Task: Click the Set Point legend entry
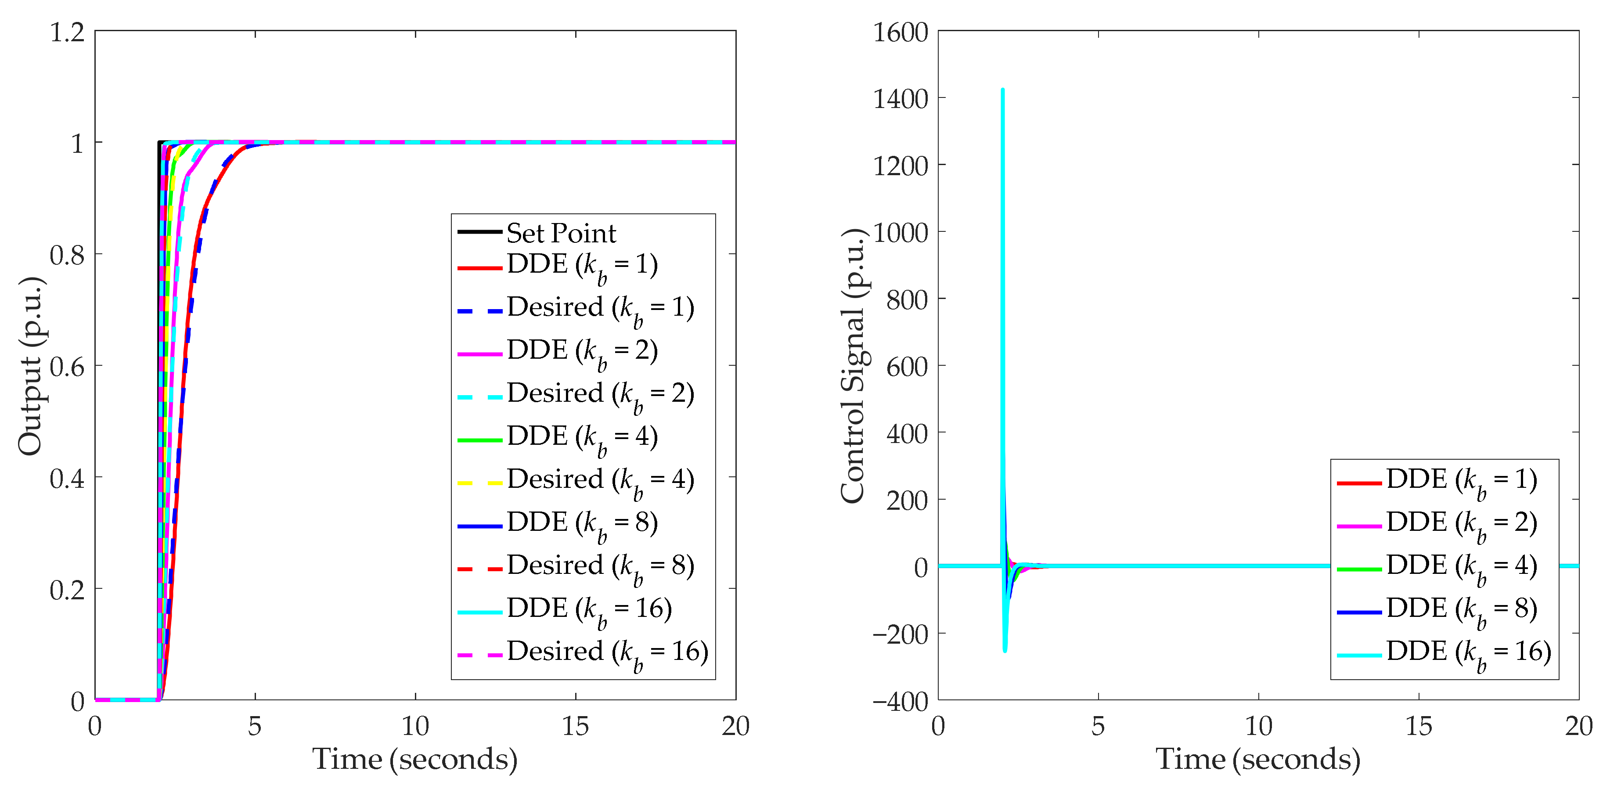[561, 233]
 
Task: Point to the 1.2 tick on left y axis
[67, 32]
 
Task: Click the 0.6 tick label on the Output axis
[67, 367]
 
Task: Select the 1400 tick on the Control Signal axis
[901, 99]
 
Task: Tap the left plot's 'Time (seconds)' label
[414, 760]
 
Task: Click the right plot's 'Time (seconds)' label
[1258, 760]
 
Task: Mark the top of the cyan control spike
[1002, 90]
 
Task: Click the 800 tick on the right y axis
[907, 300]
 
